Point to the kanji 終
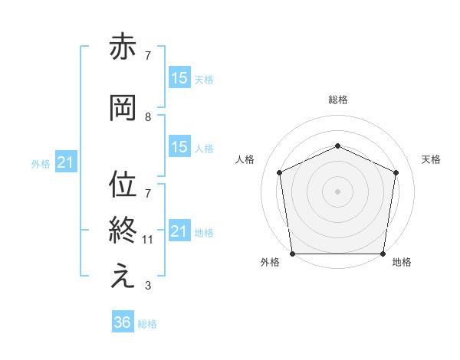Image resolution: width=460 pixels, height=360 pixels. click(123, 230)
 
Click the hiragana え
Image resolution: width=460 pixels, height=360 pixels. click(123, 277)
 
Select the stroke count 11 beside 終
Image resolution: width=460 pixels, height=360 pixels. click(148, 240)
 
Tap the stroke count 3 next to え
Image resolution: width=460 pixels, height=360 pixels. click(147, 286)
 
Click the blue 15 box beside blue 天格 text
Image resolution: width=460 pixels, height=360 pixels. click(179, 78)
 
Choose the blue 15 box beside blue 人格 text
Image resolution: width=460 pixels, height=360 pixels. click(179, 148)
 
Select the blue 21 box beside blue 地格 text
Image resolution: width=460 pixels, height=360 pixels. click(179, 231)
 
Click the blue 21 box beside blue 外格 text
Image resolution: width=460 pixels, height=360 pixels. click(65, 162)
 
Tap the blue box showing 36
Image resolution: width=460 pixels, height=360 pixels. click(122, 322)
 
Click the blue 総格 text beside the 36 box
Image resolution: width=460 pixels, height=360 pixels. click(147, 324)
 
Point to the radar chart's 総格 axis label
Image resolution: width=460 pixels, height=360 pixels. click(337, 100)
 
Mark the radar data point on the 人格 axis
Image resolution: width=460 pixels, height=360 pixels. click(280, 172)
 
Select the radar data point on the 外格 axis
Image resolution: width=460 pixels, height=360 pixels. click(293, 253)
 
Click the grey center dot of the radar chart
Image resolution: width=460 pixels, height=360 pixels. click(337, 191)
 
